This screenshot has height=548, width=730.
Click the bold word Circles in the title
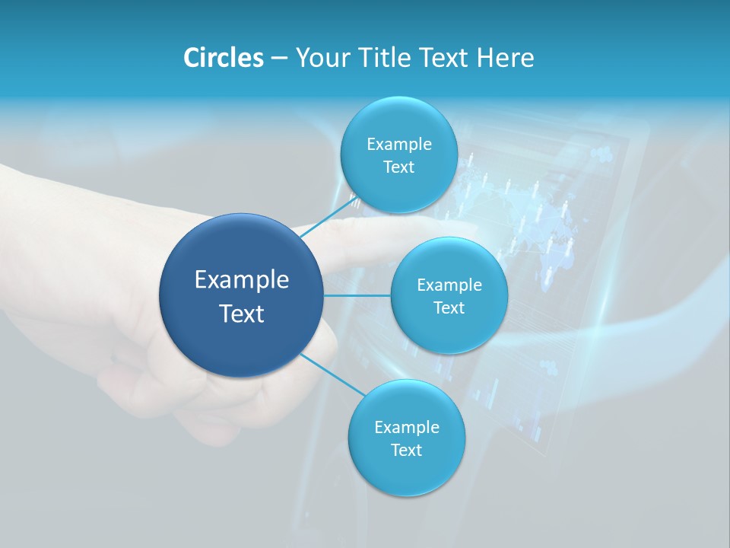[224, 58]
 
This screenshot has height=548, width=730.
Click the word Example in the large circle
[242, 280]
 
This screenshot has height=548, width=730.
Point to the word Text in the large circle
[242, 314]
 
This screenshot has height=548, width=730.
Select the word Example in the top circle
[399, 145]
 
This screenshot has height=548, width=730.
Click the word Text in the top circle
[398, 167]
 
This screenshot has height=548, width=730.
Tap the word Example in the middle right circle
[449, 285]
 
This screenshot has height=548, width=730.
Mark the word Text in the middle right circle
[449, 308]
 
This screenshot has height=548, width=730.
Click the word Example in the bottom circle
[407, 428]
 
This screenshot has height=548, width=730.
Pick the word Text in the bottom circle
[406, 451]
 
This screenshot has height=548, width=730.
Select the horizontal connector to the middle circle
[357, 295]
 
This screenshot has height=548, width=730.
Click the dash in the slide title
[279, 58]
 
